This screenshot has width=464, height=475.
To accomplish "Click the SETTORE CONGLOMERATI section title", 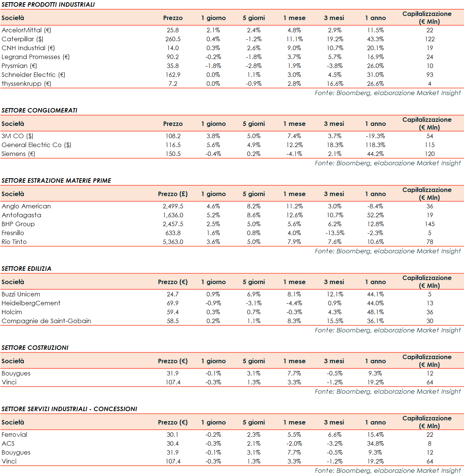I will [39, 110].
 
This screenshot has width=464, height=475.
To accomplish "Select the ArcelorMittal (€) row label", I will [26, 30].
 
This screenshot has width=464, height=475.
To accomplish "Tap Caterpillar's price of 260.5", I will [173, 39].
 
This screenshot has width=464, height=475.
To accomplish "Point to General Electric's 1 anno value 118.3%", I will [375, 145].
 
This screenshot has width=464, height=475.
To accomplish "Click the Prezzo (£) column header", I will [173, 194].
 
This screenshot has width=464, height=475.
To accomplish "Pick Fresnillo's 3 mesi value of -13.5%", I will [335, 233].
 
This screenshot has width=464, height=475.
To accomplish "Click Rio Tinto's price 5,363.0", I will [173, 242].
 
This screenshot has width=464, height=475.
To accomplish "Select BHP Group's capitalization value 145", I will [430, 224].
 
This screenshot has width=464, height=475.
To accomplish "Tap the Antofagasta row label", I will [21, 215].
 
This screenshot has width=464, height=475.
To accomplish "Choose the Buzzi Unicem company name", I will [21, 294].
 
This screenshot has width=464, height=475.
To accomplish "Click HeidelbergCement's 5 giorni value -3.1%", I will [254, 303].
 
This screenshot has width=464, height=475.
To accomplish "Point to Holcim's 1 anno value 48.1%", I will [375, 312].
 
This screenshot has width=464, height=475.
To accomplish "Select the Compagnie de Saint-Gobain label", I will [46, 321].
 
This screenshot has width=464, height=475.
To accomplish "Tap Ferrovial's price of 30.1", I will [173, 435].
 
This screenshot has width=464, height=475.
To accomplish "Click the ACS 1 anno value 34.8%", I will [375, 443].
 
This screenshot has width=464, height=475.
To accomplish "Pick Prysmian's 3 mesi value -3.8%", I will [335, 66].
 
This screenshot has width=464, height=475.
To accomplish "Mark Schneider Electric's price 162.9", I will [173, 75].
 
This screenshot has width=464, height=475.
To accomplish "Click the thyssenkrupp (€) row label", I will [26, 84].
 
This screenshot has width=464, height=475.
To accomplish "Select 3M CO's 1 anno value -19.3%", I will [375, 136].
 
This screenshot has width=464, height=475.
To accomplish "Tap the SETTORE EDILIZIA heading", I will [26, 269].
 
